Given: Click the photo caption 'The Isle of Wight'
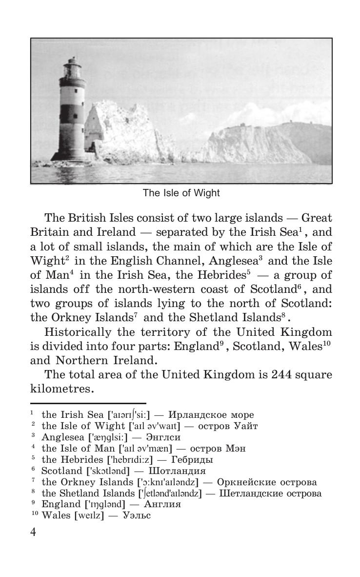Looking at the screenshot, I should coord(181,193).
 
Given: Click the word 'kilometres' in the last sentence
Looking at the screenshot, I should coord(60,389).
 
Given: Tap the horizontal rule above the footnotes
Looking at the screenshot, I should coord(88,403).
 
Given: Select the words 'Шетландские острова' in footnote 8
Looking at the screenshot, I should coord(271,493).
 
